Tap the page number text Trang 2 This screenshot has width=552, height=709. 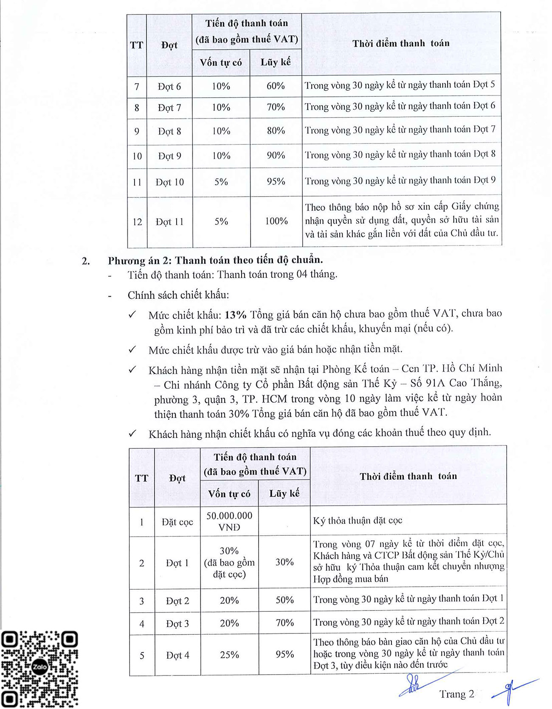point(457,694)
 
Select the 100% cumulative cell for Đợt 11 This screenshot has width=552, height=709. point(276,221)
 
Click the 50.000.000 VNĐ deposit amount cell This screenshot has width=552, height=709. point(229,521)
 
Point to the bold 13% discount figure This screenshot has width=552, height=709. point(236,315)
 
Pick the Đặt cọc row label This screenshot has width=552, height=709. point(177,522)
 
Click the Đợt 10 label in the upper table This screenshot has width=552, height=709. point(169,182)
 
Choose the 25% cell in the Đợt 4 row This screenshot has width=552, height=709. point(229,655)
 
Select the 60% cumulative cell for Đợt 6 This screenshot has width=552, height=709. point(276,86)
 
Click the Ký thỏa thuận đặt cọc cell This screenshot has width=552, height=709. point(358,520)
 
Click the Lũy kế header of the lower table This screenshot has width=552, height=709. point(284,493)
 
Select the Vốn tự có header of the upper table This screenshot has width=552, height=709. point(221,62)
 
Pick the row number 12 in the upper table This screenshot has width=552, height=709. point(137,222)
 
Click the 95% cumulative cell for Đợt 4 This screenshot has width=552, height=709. point(284,654)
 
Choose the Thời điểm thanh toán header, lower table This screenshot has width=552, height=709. point(408,476)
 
